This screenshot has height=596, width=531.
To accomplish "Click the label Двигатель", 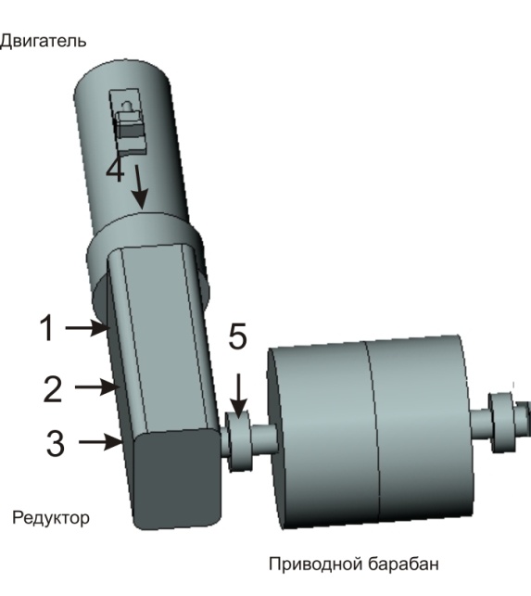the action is click(x=43, y=41).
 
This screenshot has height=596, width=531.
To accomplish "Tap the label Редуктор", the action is click(x=51, y=518).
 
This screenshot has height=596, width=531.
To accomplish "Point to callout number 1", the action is click(x=46, y=327).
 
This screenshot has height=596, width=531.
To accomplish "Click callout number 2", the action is click(x=53, y=388).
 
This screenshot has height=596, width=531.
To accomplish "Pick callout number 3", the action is click(x=56, y=443).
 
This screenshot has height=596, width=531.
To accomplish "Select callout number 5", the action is click(x=237, y=336).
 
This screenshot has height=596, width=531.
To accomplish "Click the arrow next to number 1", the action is click(x=88, y=327).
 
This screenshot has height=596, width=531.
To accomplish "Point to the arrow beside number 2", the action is click(x=97, y=387).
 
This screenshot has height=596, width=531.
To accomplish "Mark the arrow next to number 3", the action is click(x=101, y=442).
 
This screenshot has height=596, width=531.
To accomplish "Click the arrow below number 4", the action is click(x=140, y=186).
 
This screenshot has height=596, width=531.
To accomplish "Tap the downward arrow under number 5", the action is click(x=239, y=396).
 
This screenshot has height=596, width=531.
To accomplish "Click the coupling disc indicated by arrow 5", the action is click(x=239, y=440).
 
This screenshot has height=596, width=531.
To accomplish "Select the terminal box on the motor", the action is click(x=128, y=121).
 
